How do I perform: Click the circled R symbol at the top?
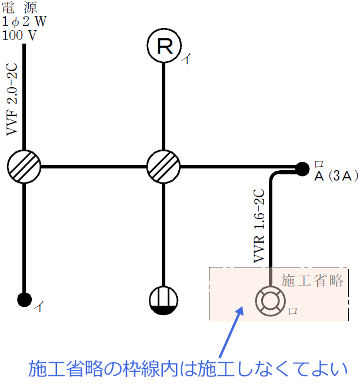click(x=164, y=47)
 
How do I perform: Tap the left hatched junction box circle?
click(x=24, y=167)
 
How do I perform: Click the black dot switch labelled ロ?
click(x=302, y=168)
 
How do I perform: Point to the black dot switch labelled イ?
click(x=24, y=299)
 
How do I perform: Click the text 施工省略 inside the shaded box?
click(x=312, y=280)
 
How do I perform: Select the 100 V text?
click(x=19, y=34)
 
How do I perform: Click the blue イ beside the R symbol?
click(x=186, y=59)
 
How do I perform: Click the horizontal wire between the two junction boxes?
click(x=94, y=167)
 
